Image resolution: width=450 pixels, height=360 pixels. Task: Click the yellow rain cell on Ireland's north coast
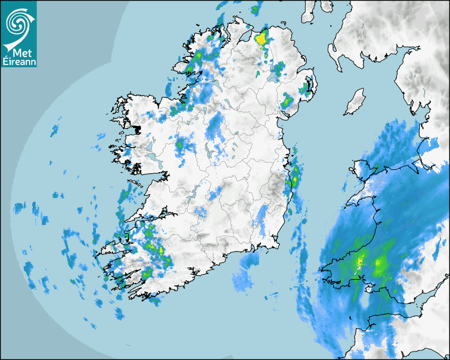click(261, 38)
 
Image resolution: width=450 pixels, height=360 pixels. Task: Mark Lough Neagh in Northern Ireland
click(274, 75)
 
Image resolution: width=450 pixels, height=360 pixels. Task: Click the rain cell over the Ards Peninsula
click(307, 88)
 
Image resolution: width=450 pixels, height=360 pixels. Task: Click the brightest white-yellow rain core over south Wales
click(361, 262)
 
